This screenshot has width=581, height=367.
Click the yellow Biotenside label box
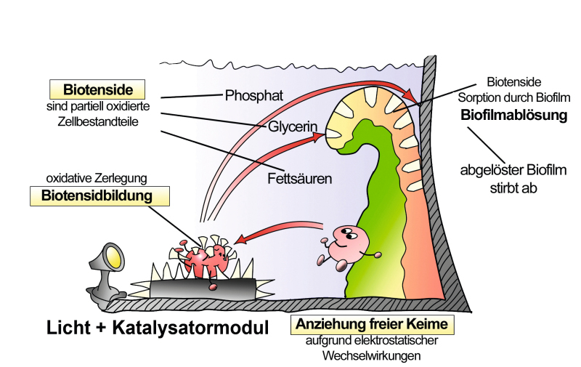[97, 91]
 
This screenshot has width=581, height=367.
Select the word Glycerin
[291, 126]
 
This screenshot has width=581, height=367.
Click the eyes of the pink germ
[344, 233]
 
